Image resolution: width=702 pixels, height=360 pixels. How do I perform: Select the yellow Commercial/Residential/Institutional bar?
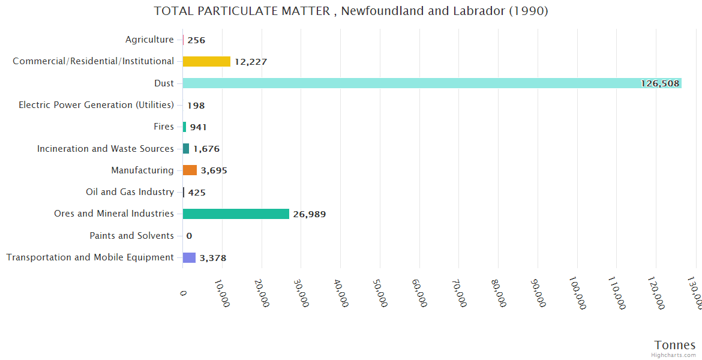pos(206,61)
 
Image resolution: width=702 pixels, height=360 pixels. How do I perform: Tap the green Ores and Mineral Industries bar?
pos(236,214)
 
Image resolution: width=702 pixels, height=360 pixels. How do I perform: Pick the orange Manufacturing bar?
pos(190,170)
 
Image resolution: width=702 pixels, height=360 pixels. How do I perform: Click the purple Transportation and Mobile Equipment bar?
pos(189,257)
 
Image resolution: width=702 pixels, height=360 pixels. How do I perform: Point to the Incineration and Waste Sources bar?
pos(186,148)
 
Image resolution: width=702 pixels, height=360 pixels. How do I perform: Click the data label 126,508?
pos(660,83)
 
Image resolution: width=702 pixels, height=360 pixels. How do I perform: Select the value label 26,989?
pos(310,214)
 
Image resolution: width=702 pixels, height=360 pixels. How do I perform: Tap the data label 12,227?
pos(251,62)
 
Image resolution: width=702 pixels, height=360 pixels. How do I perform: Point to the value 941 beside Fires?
pos(199,127)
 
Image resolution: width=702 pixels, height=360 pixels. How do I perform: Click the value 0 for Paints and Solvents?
pos(189,236)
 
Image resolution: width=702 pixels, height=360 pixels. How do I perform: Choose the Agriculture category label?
pos(149,40)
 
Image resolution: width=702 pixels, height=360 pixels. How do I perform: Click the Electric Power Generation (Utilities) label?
pos(96,105)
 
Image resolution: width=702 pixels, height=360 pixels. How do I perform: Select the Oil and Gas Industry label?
pos(130,192)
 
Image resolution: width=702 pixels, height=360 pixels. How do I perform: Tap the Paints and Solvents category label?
pos(131,236)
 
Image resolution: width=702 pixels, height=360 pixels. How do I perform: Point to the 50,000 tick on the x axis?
pos(380,293)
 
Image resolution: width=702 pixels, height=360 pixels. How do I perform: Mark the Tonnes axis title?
pos(675,345)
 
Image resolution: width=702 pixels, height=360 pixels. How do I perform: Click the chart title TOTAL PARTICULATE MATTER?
pos(350,11)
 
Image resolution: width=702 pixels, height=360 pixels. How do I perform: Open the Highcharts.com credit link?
pos(673,355)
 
